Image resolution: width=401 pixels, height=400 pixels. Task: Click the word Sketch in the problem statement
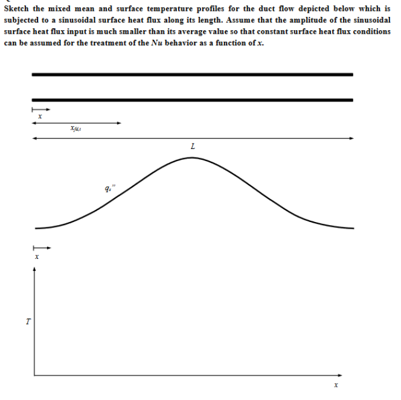18,8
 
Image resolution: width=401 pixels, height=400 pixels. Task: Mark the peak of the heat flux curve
192,157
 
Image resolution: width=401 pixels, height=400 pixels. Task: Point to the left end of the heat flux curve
36,228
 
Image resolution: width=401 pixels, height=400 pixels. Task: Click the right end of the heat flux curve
353,228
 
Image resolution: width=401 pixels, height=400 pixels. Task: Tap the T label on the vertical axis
27,322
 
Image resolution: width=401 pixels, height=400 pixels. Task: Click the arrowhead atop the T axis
34,270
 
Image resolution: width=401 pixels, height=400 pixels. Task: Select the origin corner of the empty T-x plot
34,375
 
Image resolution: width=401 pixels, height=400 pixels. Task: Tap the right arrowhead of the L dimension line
352,138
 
